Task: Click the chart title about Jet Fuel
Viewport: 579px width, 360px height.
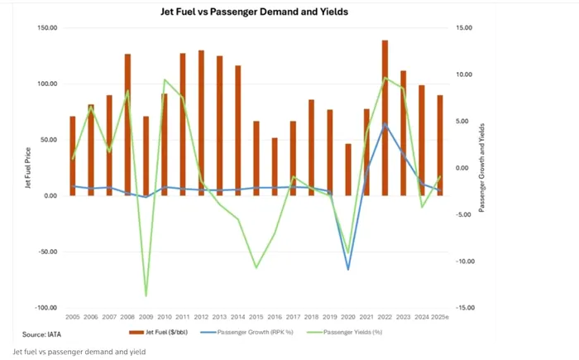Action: point(253,12)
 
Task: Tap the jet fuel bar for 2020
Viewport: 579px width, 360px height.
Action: point(347,170)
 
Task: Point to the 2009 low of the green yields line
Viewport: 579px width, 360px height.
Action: point(146,295)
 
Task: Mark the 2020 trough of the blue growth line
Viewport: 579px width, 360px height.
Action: point(347,269)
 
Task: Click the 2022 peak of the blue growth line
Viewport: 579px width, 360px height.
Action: point(385,124)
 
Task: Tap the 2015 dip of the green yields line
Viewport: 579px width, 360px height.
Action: point(256,267)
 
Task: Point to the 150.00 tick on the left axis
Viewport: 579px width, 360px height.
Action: point(45,28)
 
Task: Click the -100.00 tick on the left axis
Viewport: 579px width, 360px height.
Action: point(45,308)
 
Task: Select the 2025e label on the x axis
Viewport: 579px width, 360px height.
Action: point(439,317)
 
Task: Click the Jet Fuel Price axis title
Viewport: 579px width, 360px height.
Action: point(27,168)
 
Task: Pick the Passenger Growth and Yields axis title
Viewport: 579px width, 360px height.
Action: point(481,168)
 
